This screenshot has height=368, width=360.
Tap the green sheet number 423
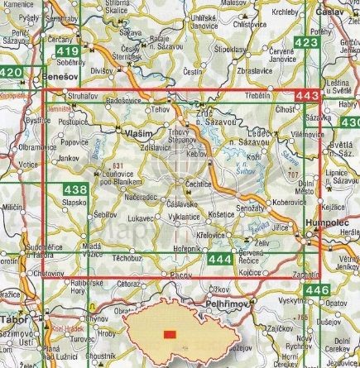pos(305,43)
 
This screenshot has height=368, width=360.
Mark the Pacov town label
pos(174,273)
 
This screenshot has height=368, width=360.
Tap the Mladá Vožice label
pos(92,251)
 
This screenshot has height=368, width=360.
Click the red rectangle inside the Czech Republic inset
pos(170,333)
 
